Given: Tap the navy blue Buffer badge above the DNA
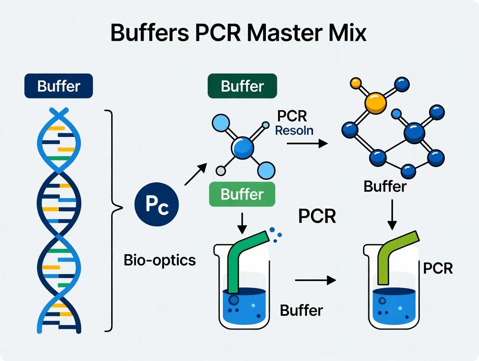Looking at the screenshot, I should point(59,86).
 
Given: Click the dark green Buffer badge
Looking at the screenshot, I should point(242,86).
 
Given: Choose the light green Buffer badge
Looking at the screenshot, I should point(242,194).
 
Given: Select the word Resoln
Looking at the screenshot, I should point(294,130).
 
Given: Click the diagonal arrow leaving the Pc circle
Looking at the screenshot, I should point(195,175).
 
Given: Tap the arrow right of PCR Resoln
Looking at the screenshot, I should point(307,143).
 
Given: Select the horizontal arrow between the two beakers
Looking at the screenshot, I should point(315,280).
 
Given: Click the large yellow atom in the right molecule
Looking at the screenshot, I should point(376,102).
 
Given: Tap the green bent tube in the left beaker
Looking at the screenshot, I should point(243,260).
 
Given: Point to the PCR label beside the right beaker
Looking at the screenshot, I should point(438,268).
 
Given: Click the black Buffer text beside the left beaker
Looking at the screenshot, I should point(301,310).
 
